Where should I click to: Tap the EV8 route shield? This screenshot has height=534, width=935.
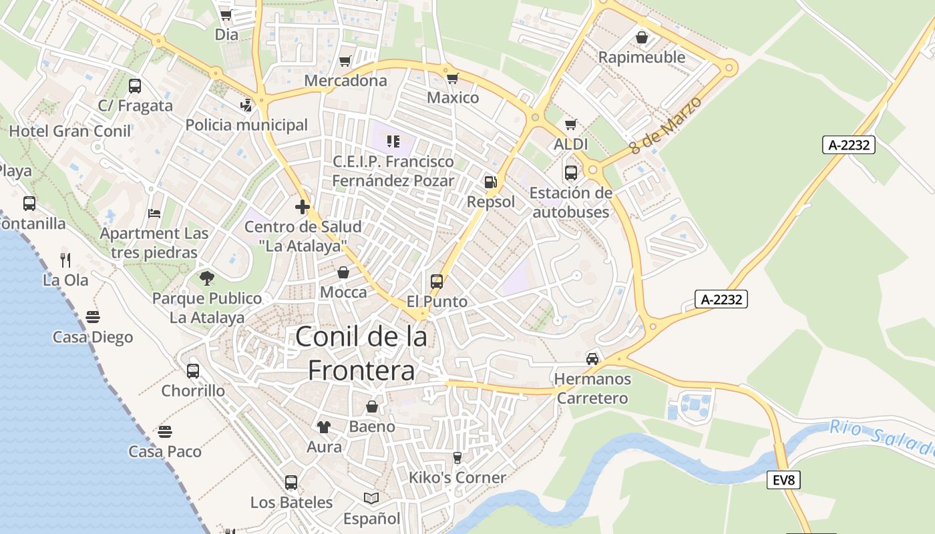coord(783,479)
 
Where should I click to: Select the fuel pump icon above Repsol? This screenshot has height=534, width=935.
coord(490,182)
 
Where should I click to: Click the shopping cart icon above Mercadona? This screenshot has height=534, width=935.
coord(345,61)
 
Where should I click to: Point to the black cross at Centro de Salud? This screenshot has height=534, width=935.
coord(303,207)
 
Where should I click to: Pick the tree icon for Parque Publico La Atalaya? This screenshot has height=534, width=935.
coord(207,278)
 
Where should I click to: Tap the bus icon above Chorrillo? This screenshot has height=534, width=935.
coord(193,370)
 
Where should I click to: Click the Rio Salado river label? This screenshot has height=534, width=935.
coord(882,439)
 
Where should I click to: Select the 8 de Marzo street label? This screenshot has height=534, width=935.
coord(666,125)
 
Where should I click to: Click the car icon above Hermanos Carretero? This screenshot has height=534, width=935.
coord(592,359)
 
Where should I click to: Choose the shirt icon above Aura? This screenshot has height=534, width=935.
coord(324,427)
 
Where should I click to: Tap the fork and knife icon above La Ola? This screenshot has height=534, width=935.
coord(65,260)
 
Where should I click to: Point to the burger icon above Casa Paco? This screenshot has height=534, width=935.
coord(165,432)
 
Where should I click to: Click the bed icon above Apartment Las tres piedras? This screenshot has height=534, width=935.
coord(154,214)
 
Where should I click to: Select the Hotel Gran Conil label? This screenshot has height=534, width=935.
coord(70,131)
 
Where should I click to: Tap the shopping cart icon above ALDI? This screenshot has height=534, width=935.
coord(571,124)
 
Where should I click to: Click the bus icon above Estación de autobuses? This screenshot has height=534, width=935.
coord(571,173)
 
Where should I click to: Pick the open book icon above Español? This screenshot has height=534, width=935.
coord(371,498)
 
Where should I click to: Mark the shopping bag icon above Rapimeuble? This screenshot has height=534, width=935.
coord(642,37)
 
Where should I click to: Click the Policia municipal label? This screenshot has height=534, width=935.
coord(246,125)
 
